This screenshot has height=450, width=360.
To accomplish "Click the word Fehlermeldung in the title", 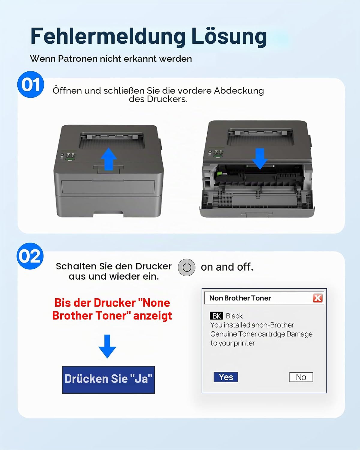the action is (x=108, y=36).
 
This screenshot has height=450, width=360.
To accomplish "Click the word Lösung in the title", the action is (x=229, y=36).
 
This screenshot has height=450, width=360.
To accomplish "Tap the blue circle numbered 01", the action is (x=31, y=85).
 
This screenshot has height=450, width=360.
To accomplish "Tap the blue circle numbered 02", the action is (x=30, y=256).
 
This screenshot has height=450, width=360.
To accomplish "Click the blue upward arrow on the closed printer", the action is (x=109, y=159).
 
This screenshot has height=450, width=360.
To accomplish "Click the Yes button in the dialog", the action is (x=226, y=377).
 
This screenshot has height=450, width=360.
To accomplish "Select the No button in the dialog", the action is (x=301, y=377).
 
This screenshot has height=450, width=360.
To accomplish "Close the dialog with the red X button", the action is (x=318, y=298).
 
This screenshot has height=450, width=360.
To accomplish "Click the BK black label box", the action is (x=216, y=316).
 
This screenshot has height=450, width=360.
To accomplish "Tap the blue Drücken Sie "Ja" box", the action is (x=108, y=380).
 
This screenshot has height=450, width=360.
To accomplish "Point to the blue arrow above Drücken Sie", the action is (x=107, y=346).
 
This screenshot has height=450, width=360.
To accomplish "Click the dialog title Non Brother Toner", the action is (x=240, y=298).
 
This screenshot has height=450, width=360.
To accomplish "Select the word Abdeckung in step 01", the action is (x=239, y=91).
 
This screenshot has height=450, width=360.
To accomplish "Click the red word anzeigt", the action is (x=152, y=316).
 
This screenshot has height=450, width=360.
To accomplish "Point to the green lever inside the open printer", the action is (x=219, y=174).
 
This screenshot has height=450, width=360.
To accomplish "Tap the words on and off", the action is (x=227, y=267).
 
